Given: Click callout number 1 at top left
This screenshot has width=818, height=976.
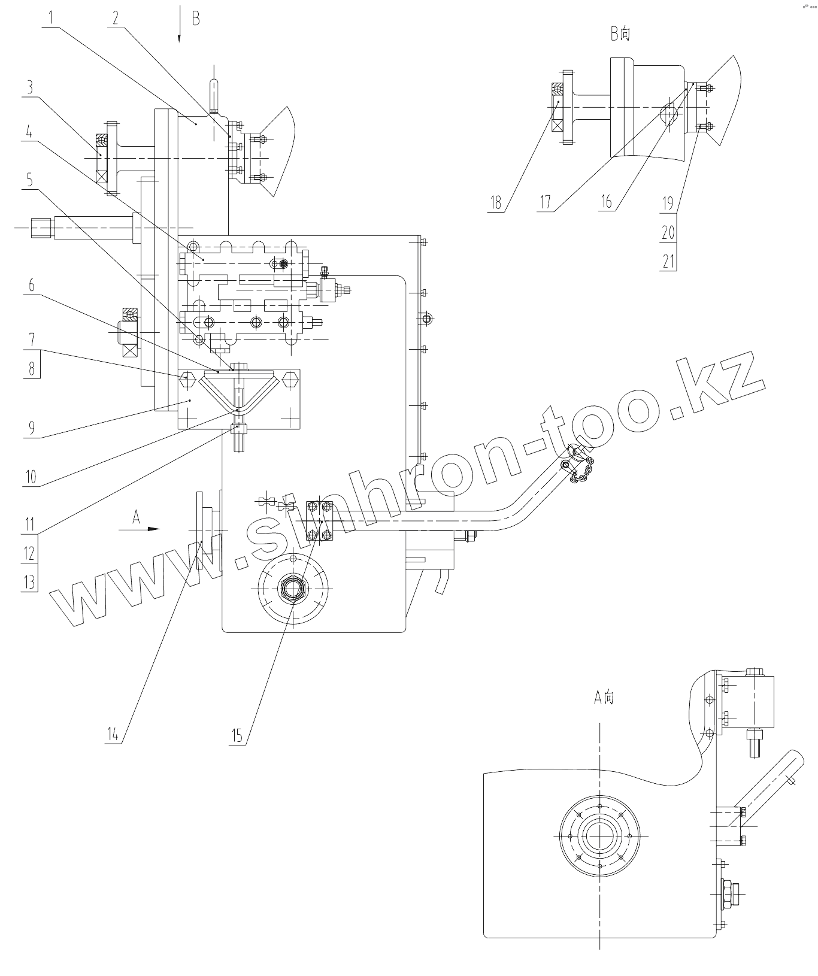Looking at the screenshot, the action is click(51, 17).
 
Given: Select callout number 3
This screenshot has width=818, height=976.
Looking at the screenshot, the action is click(29, 87).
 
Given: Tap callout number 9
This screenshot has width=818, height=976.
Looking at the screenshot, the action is click(31, 428).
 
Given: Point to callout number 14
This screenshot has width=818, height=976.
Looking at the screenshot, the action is click(113, 734).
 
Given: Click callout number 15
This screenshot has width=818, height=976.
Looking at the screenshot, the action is click(238, 735).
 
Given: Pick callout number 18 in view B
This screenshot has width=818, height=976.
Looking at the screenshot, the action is click(496, 202).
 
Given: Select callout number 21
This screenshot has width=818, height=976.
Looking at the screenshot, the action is click(668, 261).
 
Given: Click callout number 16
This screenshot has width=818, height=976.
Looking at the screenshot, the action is click(607, 202).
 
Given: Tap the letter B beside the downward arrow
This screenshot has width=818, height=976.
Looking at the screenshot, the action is click(196, 19).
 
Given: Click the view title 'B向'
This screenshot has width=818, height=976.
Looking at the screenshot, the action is click(620, 34).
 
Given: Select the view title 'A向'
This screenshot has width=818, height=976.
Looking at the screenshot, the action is click(604, 697).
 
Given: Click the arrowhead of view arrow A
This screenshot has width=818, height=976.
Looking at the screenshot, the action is click(154, 529).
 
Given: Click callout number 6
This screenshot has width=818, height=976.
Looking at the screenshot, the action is click(31, 286).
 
